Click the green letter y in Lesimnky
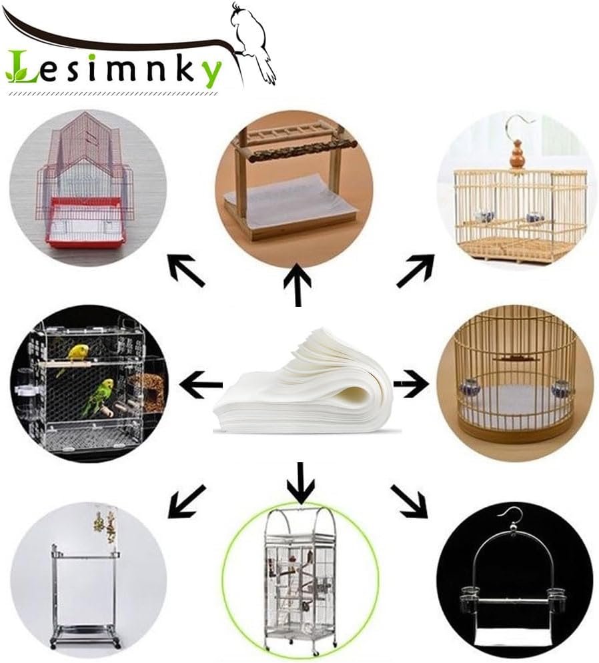pos(209,72)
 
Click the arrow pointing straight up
pos(297,285)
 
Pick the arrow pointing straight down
pos(301,484)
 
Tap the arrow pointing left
pos(201,384)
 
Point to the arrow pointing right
pos(411,384)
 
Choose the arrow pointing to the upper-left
pos(186,271)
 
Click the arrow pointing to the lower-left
pos(186,502)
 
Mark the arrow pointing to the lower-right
pos(409,502)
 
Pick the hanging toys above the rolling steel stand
pos(104,528)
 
